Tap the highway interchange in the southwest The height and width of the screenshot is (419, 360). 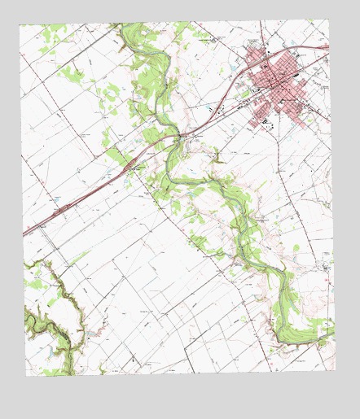coord(62,210)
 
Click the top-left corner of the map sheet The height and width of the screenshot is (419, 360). coord(20,25)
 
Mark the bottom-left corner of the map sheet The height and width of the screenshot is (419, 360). coord(25,376)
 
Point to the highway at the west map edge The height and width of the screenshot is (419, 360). coord(24,233)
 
